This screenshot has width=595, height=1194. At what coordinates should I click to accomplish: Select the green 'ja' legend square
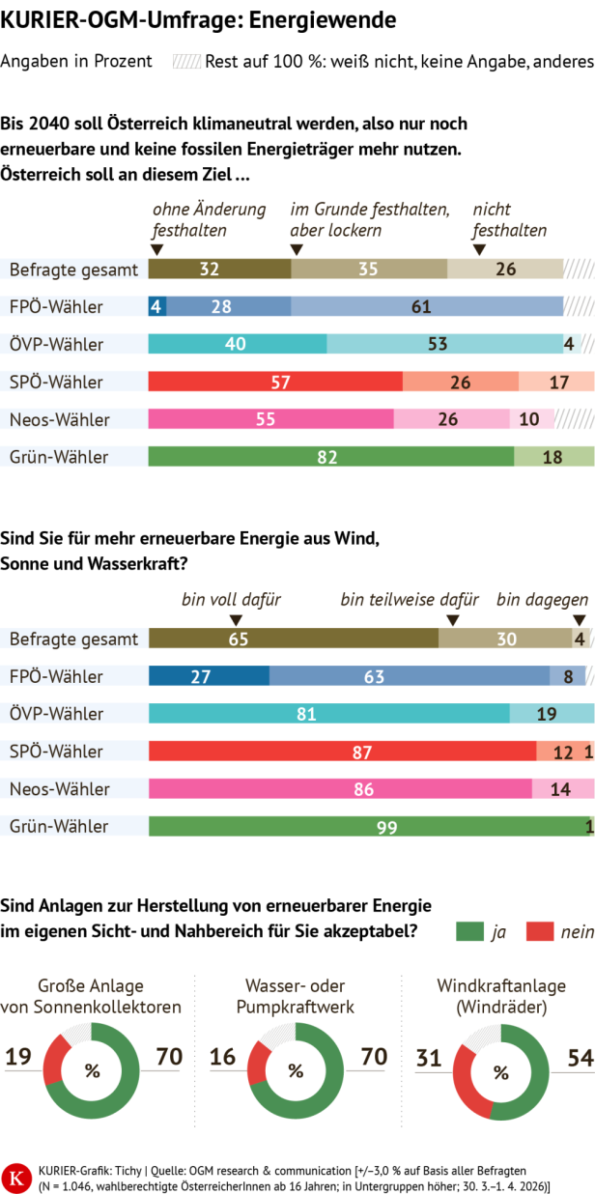(468, 931)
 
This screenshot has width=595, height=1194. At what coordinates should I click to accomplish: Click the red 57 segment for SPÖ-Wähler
(275, 382)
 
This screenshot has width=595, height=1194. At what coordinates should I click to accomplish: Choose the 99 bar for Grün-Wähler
(366, 826)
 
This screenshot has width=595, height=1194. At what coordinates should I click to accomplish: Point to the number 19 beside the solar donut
(19, 1057)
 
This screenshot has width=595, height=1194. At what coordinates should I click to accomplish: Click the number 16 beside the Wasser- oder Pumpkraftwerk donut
(223, 1057)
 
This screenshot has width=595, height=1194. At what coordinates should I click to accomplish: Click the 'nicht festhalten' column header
(509, 219)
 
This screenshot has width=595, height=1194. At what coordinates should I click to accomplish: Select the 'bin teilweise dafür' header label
(410, 599)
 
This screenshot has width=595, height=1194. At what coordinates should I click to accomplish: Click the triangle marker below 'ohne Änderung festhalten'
(157, 249)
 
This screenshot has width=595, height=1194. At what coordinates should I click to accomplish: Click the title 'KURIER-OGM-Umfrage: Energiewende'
(197, 18)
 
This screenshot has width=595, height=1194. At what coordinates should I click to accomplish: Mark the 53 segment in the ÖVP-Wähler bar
(444, 344)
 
